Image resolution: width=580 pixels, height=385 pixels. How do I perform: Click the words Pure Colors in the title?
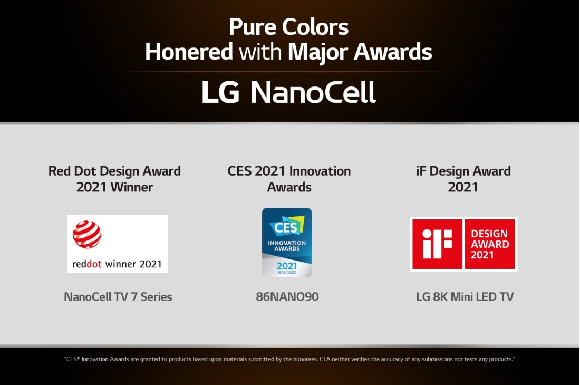pyautogui.click(x=289, y=27)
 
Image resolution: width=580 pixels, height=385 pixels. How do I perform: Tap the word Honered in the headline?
pyautogui.click(x=189, y=52)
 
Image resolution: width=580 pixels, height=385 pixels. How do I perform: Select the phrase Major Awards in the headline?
pyautogui.click(x=360, y=52)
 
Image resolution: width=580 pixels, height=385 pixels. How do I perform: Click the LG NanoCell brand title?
pyautogui.click(x=289, y=93)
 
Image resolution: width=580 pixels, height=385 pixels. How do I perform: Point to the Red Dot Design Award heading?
pyautogui.click(x=114, y=171)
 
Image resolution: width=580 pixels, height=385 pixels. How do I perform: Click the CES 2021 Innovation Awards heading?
pyautogui.click(x=289, y=179)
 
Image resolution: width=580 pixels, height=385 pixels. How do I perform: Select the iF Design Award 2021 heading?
pyautogui.click(x=463, y=179)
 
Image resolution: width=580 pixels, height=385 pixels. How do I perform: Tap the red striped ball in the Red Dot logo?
pyautogui.click(x=87, y=235)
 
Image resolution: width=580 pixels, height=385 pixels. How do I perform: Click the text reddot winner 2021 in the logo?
pyautogui.click(x=117, y=264)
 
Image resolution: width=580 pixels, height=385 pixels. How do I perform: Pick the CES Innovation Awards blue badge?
pyautogui.click(x=287, y=243)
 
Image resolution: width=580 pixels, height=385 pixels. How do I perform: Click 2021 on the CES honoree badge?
pyautogui.click(x=287, y=266)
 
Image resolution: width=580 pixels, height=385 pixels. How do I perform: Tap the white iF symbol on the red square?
pyautogui.click(x=437, y=244)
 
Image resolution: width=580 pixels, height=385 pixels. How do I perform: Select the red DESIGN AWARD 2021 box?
pyautogui.click(x=490, y=244)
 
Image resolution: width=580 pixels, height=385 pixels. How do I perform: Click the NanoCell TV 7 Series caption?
pyautogui.click(x=118, y=297)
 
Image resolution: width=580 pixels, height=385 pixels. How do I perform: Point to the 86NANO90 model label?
pyautogui.click(x=287, y=297)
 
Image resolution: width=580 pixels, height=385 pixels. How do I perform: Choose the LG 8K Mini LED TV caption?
pyautogui.click(x=465, y=297)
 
